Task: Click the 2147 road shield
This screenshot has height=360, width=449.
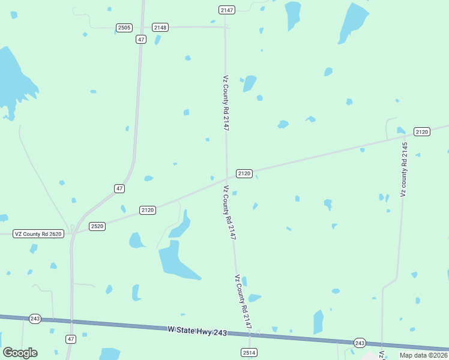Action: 226,10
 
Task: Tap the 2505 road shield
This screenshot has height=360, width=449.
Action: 124,28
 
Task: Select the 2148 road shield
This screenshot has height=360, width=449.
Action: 160,28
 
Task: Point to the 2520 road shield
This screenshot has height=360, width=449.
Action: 97,226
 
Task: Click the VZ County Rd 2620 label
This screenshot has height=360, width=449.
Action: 38,233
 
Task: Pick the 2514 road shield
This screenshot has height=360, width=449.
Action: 249,352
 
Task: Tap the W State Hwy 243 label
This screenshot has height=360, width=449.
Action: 197,329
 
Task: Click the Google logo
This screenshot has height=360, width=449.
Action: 20,352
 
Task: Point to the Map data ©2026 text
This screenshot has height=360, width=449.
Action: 423,355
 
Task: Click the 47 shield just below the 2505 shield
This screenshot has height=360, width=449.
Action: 140,39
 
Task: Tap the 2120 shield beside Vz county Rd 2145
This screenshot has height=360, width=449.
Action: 422,132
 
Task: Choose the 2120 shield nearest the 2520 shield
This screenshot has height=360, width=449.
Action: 148,210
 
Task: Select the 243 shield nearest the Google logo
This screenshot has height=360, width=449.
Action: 35,319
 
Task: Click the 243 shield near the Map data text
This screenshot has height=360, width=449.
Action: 360,343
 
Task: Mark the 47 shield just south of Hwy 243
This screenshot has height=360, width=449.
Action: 71,339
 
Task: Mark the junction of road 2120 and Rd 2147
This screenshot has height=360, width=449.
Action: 226,178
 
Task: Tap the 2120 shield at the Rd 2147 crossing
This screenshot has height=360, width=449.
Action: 244,173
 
